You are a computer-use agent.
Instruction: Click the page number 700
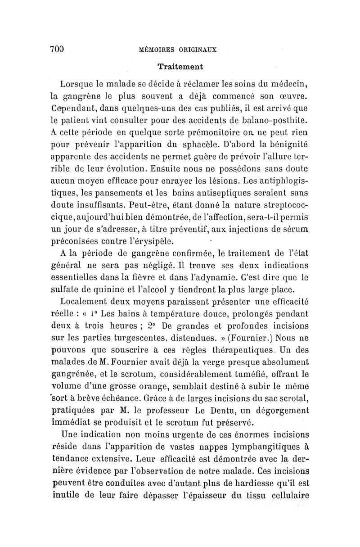(58, 49)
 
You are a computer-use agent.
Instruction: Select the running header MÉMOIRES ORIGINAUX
(179, 50)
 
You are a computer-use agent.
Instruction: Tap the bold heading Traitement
(180, 67)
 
